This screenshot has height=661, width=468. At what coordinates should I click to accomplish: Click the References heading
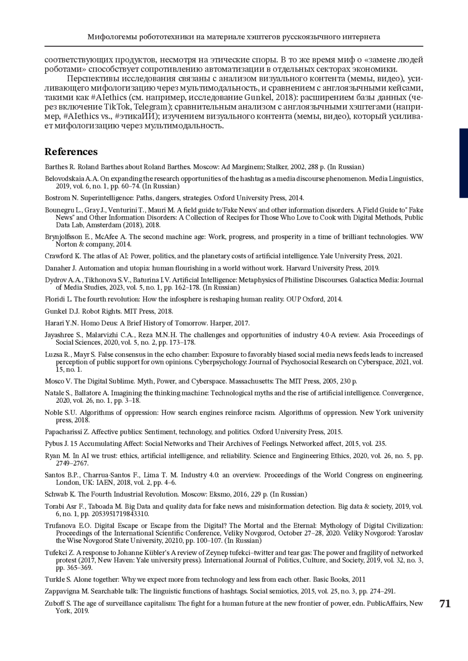click(71, 152)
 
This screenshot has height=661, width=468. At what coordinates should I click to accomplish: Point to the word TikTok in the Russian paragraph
click(117, 107)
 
